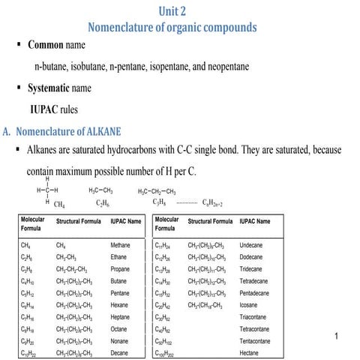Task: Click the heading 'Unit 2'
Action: point(178,10)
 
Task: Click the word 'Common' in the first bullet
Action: point(51,46)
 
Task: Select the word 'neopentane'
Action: point(220,67)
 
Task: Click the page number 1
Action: point(339,336)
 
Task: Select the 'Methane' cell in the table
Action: point(120,245)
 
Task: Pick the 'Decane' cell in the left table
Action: point(119,352)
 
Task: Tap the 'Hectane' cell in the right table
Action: point(250,352)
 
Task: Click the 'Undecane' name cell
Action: point(250,245)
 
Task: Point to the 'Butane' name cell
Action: point(118,281)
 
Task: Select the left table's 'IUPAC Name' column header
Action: point(126,222)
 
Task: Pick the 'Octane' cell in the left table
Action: point(118,328)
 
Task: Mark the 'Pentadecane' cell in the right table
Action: point(255,292)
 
